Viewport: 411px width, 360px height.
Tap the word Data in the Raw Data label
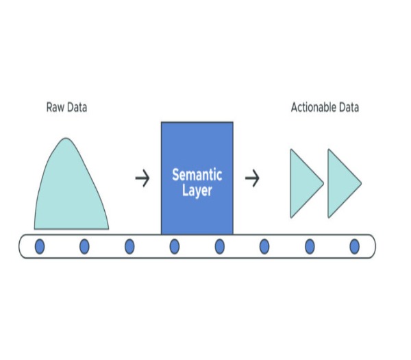tap(76, 107)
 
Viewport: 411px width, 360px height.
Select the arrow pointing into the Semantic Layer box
tap(142, 179)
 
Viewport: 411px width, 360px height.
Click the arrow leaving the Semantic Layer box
tap(253, 179)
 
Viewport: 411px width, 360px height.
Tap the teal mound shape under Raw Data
tap(71, 192)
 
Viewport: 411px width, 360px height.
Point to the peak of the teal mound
tap(66, 140)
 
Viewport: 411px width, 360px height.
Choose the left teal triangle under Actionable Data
tap(303, 182)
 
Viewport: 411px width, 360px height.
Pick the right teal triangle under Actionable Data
tap(341, 182)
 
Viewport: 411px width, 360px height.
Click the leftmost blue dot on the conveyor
tap(40, 246)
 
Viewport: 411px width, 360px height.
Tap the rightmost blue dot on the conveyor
tap(354, 246)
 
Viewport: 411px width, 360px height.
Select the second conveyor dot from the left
tap(84, 246)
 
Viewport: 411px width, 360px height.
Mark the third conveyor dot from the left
tap(129, 246)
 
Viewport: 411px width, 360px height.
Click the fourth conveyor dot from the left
tap(175, 246)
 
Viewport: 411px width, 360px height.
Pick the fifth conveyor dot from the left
tap(219, 246)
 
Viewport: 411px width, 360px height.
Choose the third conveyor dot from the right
tap(264, 246)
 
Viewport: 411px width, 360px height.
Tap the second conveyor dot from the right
tap(309, 246)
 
